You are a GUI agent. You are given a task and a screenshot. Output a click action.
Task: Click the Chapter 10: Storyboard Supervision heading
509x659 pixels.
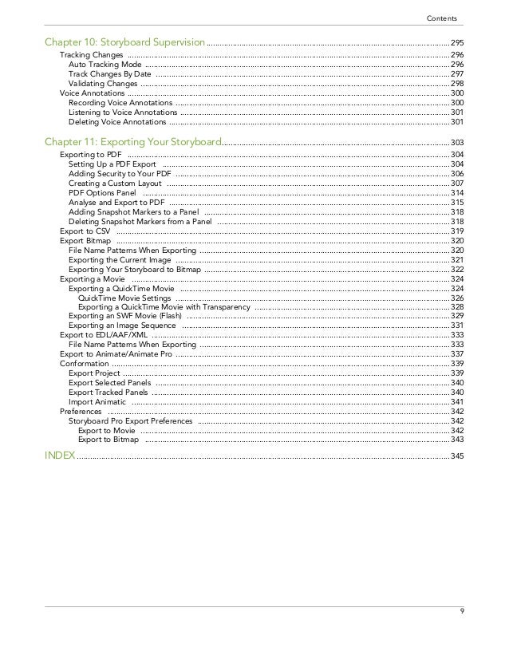(124, 41)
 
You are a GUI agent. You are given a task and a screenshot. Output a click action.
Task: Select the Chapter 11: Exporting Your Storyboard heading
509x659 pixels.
(132, 141)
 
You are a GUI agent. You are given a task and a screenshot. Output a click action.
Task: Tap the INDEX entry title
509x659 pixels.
(60, 455)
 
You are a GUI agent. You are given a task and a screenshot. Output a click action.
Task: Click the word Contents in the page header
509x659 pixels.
(442, 17)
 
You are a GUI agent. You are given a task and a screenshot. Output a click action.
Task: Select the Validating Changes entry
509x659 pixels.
(103, 83)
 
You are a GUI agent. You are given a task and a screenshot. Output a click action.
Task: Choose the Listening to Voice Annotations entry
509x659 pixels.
(123, 112)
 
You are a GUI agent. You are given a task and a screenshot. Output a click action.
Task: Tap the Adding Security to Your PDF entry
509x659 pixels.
(120, 173)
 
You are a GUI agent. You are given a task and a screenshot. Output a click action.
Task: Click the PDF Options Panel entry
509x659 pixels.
(102, 193)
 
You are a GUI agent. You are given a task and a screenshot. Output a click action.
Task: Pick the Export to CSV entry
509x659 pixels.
(85, 231)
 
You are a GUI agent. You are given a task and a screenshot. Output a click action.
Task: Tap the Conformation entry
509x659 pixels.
(85, 364)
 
